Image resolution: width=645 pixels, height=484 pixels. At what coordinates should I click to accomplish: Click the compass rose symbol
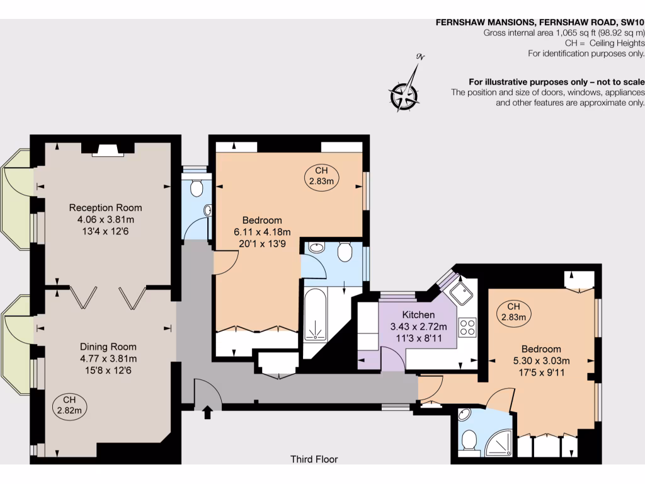404,96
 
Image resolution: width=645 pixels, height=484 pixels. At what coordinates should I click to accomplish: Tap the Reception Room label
105,207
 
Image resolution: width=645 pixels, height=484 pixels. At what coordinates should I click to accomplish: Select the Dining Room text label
108,347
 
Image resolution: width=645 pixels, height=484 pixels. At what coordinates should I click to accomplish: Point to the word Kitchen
418,314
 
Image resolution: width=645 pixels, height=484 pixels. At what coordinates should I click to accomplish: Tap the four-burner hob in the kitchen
467,326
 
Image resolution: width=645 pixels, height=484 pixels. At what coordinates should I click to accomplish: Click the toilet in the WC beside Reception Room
196,188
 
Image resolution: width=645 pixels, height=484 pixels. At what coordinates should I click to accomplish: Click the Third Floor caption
314,459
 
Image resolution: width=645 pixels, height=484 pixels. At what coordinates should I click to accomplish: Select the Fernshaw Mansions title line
540,22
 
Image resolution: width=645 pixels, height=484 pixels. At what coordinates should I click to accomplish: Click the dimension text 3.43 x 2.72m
418,326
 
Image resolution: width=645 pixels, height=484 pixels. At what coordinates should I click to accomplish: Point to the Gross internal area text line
564,33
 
